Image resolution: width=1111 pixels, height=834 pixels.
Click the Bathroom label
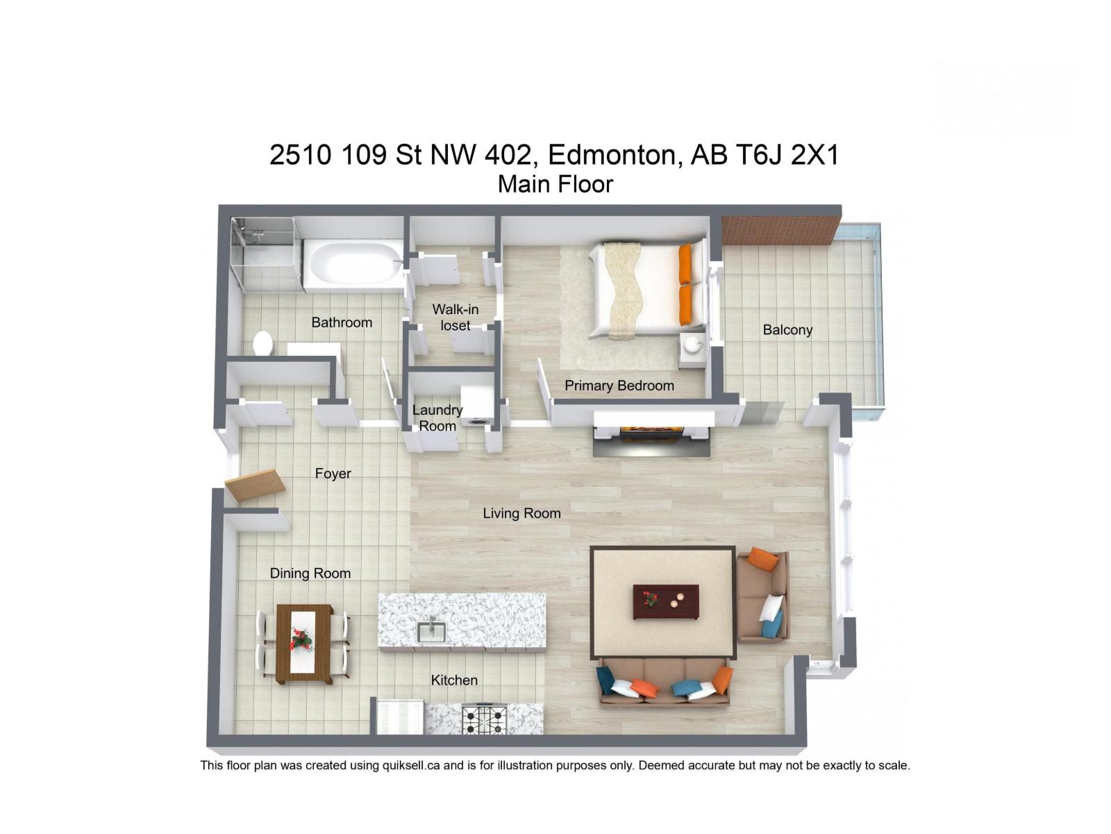point(342,322)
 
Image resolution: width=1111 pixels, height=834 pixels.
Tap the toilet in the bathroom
point(262,343)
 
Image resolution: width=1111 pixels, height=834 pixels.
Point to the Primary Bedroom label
point(619,386)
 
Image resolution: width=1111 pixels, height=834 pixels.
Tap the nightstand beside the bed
point(692,350)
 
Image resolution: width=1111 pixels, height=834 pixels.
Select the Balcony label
point(787,330)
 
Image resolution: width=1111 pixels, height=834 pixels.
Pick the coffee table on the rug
point(665,600)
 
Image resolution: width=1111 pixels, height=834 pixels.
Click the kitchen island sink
point(431,632)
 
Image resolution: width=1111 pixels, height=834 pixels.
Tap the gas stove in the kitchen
point(485,719)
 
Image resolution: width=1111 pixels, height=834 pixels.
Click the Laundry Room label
point(437,418)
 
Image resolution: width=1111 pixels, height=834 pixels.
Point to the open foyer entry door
point(255,486)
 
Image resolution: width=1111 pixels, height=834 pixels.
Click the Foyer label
point(333,474)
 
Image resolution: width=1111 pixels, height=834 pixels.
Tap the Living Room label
point(521,514)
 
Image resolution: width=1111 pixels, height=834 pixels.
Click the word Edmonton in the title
point(611,154)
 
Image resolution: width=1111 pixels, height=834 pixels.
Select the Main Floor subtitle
point(555,184)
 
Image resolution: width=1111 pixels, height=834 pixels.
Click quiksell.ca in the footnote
point(411,766)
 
